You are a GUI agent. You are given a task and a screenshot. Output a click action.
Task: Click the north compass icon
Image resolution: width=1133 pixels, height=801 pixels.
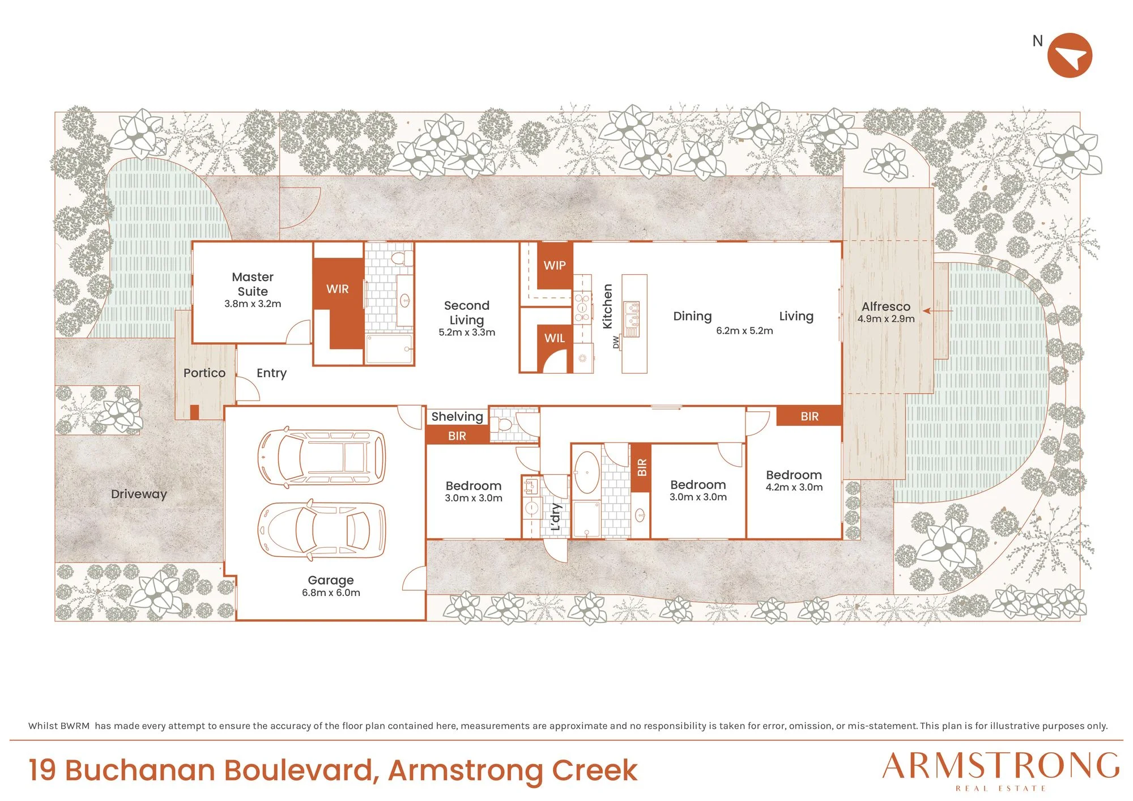click(1070, 56)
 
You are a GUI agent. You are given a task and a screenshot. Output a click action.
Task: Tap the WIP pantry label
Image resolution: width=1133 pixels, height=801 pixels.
click(555, 265)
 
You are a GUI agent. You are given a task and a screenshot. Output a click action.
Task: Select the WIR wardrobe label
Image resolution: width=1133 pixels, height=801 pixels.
click(338, 289)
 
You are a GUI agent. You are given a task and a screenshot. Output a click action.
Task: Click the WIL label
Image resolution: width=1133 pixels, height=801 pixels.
click(555, 338)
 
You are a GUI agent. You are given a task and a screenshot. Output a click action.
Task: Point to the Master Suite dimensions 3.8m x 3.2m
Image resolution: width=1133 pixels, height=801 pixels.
click(253, 304)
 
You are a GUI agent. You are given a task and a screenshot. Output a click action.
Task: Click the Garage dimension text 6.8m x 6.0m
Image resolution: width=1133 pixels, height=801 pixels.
click(331, 593)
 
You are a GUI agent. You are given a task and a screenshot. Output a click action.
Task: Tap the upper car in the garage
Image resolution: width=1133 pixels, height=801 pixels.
click(322, 457)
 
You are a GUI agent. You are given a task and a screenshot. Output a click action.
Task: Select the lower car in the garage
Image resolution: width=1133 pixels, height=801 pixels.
click(322, 530)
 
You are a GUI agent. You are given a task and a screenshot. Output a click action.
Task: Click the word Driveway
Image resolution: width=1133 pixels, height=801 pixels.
click(139, 494)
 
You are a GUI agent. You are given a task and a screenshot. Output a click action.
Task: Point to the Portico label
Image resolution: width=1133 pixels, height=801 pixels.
click(205, 373)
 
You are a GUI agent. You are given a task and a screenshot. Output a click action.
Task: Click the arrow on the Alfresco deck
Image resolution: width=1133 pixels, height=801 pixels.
click(938, 310)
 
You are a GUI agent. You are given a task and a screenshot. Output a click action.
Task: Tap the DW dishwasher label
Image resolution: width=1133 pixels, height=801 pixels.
click(616, 342)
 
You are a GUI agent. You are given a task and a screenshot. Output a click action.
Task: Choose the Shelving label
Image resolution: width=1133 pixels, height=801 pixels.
click(457, 417)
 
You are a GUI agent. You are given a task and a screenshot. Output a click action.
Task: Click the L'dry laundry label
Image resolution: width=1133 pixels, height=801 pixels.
click(556, 517)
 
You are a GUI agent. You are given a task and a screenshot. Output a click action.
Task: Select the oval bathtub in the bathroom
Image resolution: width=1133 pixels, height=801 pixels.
click(587, 472)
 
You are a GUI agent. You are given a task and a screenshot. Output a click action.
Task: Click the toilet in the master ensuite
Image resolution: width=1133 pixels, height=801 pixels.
click(402, 258)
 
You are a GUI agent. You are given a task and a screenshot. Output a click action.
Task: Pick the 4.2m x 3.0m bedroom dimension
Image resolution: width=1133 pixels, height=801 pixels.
click(794, 487)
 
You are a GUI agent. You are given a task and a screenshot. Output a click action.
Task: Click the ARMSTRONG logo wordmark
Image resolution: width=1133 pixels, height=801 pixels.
click(1001, 766)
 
